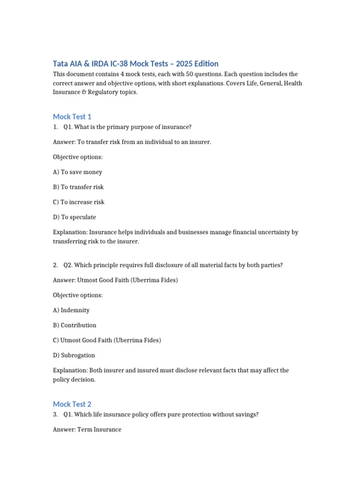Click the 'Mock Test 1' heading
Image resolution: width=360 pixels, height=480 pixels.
pos(72,117)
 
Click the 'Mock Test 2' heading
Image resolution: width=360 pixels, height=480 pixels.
pos(72,404)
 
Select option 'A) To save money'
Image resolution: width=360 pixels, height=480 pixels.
pos(77,172)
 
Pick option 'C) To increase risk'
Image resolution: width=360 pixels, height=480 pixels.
pos(79,202)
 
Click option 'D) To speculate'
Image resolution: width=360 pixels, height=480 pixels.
pos(75,217)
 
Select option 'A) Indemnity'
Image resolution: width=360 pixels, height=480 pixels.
pos(71,310)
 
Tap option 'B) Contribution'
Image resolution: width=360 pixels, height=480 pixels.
pos(75,325)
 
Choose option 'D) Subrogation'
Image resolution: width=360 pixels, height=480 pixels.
pos(74,355)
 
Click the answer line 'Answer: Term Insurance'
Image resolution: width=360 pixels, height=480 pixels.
pos(87,429)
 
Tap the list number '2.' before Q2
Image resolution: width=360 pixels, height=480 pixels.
pos(55,265)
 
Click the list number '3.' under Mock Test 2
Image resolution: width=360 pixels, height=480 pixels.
pos(55,415)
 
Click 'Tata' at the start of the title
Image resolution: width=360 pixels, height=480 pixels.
pos(60,64)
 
